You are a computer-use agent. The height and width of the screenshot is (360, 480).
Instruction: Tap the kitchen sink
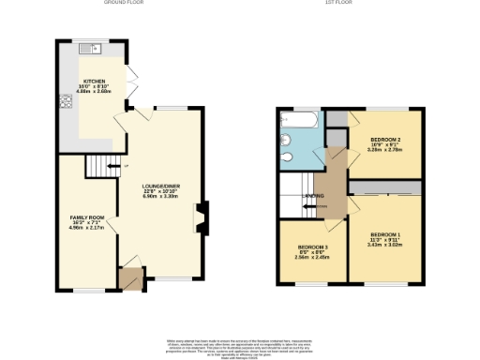(x=89, y=50)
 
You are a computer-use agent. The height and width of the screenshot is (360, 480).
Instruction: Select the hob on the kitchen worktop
(x=67, y=103)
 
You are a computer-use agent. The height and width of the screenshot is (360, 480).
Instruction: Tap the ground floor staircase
(x=98, y=167)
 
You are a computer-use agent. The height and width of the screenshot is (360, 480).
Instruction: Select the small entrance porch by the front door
(x=129, y=277)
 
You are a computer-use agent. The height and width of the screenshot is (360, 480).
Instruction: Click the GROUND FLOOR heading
(x=128, y=4)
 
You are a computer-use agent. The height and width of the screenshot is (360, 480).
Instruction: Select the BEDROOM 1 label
(x=384, y=233)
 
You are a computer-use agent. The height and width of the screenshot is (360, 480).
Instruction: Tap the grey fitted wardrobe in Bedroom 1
(x=385, y=188)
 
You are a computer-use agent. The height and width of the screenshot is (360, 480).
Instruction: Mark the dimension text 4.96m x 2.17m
(x=87, y=228)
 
